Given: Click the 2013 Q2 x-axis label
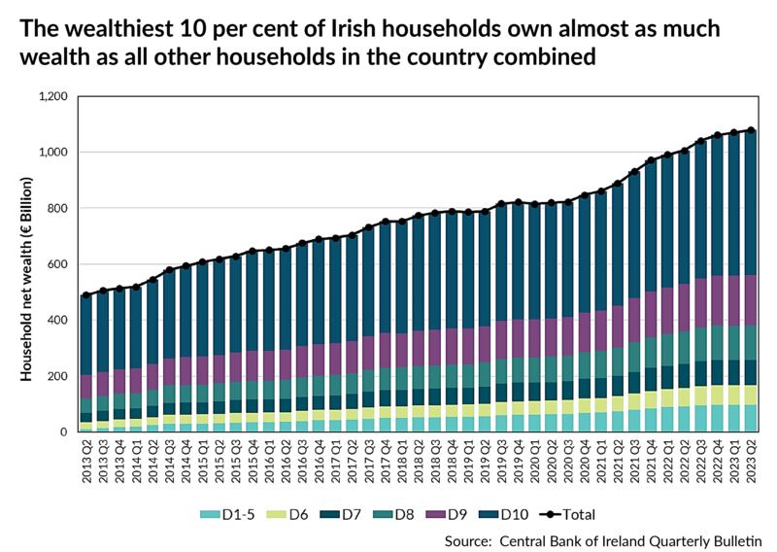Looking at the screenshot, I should pyautogui.click(x=85, y=465).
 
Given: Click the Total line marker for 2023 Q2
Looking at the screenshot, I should pyautogui.click(x=750, y=130).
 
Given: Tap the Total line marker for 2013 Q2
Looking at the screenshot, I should pyautogui.click(x=85, y=295).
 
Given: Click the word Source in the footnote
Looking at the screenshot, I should pyautogui.click(x=471, y=540).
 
